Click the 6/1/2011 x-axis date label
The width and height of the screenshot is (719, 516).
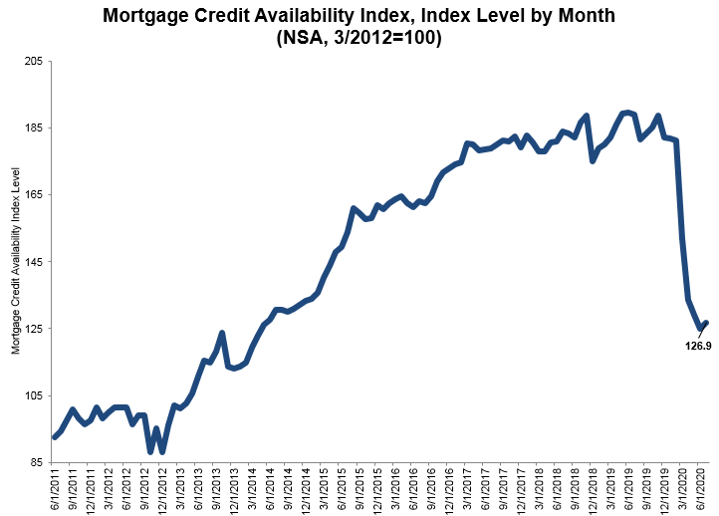click(x=55, y=488)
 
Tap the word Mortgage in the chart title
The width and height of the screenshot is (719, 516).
click(x=149, y=15)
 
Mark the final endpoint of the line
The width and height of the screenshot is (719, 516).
click(x=706, y=323)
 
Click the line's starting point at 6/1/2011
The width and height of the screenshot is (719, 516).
click(x=54, y=436)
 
